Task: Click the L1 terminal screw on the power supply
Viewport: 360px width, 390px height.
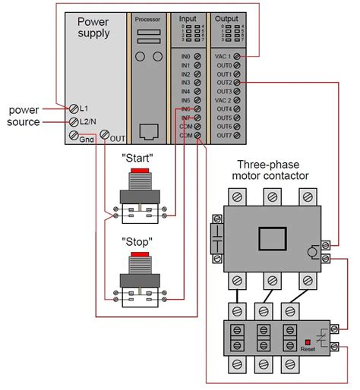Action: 74,109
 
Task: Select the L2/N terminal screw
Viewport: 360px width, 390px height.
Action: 74,121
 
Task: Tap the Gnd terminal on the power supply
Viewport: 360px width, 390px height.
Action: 74,136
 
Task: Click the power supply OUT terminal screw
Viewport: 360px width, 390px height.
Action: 105,136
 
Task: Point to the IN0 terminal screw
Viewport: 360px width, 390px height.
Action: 197,57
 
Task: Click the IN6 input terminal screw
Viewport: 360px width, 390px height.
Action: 197,109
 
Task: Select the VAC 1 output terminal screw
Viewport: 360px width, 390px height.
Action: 238,57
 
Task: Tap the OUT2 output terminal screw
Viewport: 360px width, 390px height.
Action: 238,83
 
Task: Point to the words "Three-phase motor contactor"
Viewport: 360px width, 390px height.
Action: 273,170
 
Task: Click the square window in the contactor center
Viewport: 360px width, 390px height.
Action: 273,240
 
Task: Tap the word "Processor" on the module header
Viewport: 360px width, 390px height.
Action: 148,17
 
